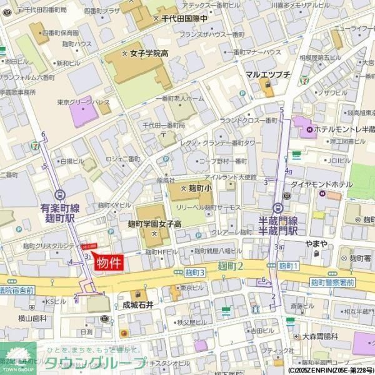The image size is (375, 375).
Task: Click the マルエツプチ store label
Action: click(x=267, y=74)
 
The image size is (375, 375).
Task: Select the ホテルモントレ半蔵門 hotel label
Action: click(x=340, y=129)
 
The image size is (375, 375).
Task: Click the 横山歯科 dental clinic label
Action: click(x=32, y=317)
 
